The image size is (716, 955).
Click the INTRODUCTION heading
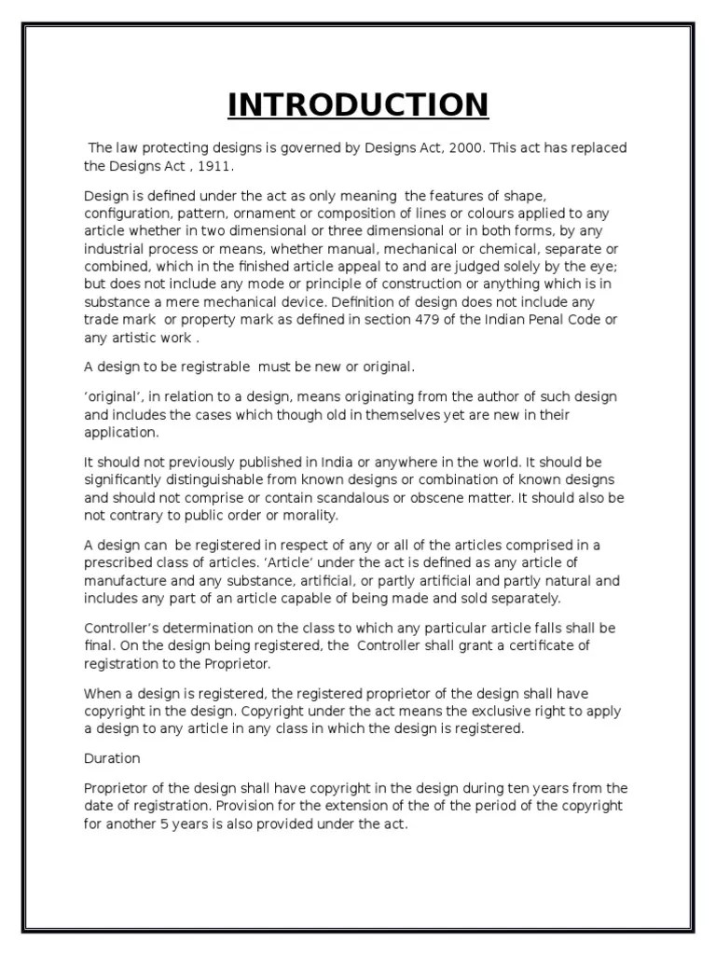coord(358,104)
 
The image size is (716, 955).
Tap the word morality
coord(310,516)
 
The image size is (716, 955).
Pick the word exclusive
coord(474,711)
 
